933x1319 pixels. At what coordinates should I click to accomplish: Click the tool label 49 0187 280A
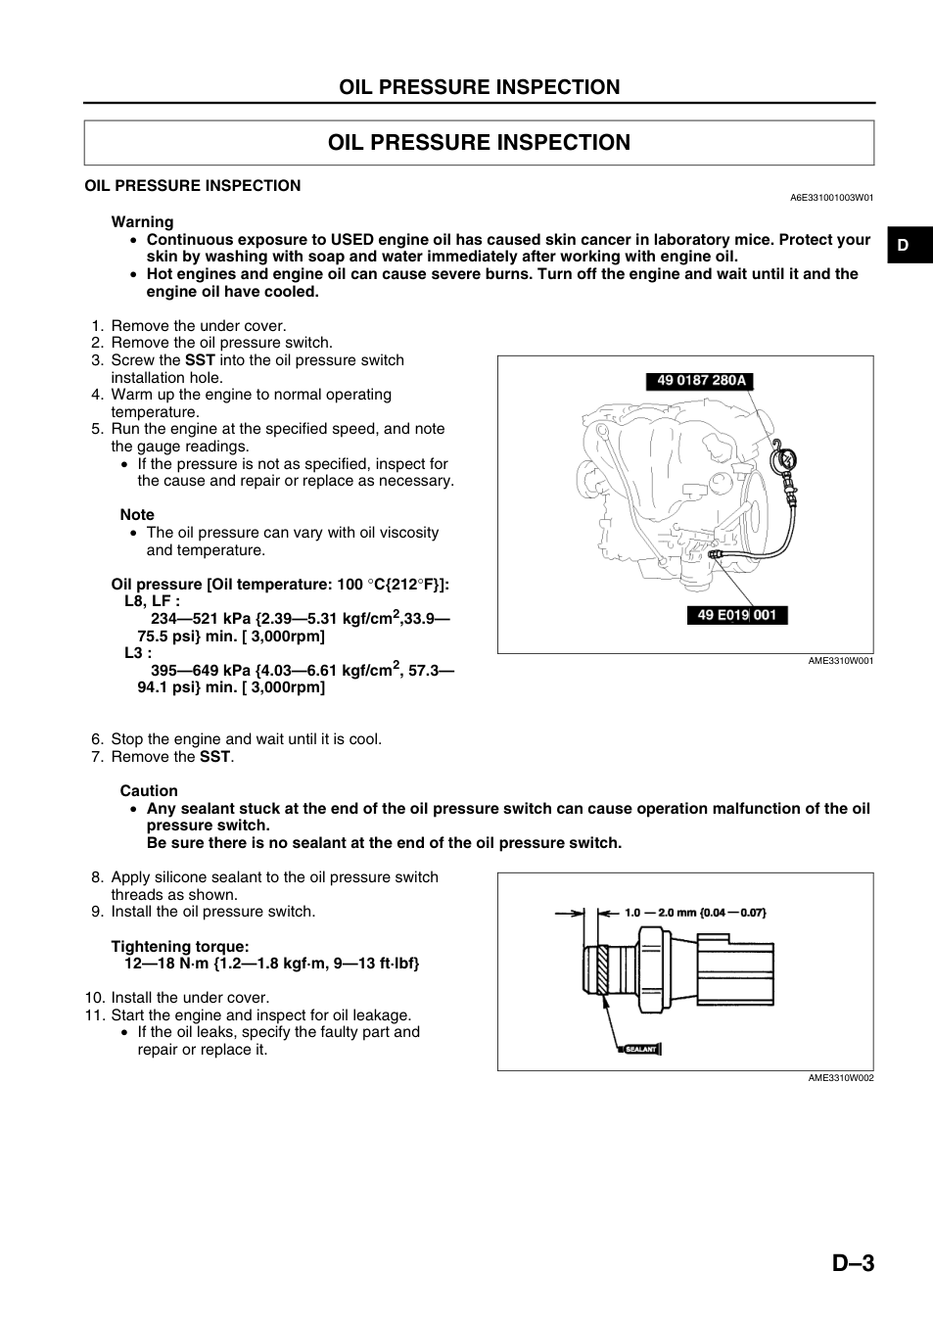[x=700, y=381]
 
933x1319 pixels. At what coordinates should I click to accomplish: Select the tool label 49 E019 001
[x=737, y=615]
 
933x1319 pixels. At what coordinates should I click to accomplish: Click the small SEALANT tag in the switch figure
[x=640, y=1049]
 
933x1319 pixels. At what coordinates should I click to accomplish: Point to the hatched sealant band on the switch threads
[x=601, y=969]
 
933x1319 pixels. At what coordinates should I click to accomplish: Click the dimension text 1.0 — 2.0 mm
[x=661, y=913]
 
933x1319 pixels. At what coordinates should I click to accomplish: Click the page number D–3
[x=853, y=1263]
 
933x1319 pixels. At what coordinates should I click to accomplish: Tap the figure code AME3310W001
[x=841, y=661]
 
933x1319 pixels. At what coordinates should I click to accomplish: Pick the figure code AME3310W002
[x=841, y=1077]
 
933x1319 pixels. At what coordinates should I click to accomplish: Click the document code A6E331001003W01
[x=832, y=198]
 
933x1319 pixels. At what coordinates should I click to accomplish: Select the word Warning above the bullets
[x=143, y=222]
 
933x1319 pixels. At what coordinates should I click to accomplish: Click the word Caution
[x=149, y=791]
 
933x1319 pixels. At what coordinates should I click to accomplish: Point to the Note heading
[x=137, y=515]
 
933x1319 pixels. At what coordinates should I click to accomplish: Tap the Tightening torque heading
[x=180, y=946]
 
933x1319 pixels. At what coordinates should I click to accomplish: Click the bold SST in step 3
[x=200, y=360]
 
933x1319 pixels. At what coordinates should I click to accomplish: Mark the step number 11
[x=95, y=1015]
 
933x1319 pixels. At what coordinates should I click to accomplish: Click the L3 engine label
[x=138, y=653]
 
